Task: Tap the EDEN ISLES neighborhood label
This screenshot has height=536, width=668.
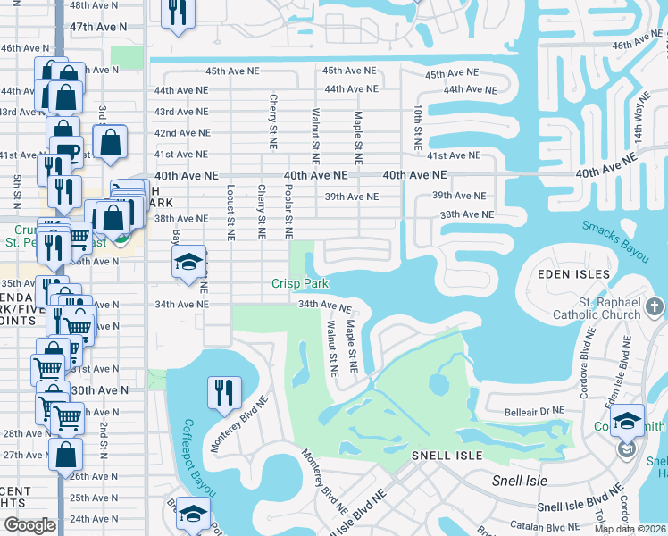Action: click(573, 273)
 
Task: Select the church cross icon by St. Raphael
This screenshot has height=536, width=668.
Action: click(655, 307)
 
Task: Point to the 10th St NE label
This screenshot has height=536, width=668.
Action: click(417, 126)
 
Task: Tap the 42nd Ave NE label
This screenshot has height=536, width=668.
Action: click(181, 132)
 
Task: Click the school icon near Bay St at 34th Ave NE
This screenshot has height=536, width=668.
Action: click(188, 263)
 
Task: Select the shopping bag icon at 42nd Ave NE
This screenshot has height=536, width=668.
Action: click(110, 141)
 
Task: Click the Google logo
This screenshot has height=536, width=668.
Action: click(29, 525)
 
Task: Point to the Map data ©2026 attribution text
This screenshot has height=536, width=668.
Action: click(630, 529)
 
